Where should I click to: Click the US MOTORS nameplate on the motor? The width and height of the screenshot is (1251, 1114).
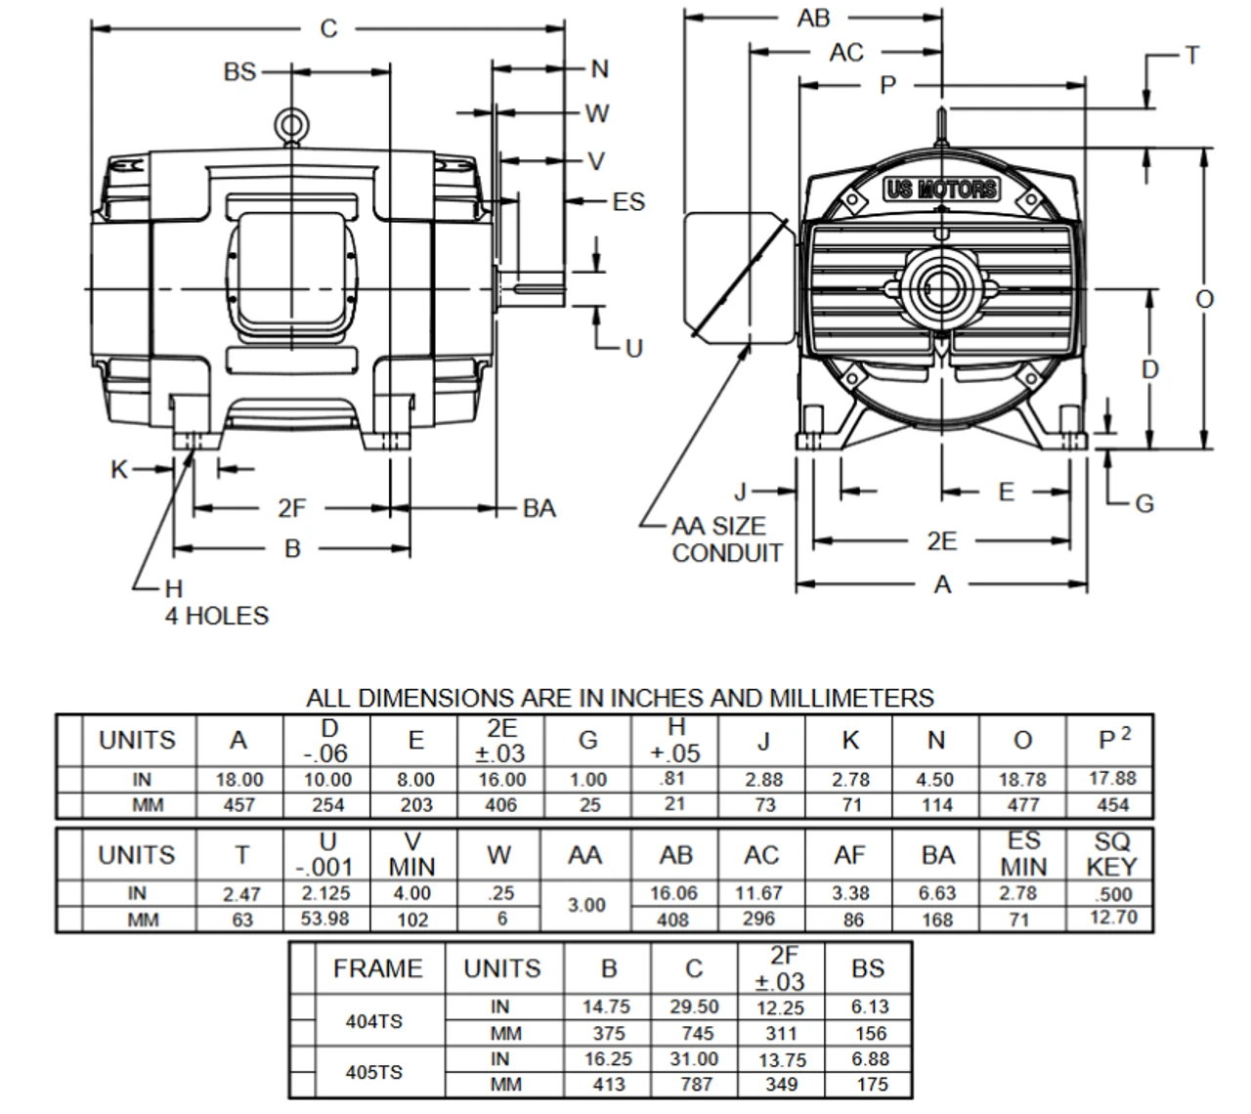(x=941, y=189)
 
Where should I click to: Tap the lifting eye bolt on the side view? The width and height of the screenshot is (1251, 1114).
(x=290, y=124)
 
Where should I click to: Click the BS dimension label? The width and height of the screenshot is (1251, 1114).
(x=239, y=71)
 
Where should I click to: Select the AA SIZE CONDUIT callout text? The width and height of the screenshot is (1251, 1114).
(x=726, y=539)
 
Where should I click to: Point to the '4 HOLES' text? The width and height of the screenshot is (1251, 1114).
(x=216, y=616)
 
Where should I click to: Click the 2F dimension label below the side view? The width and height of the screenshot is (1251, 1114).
(x=291, y=508)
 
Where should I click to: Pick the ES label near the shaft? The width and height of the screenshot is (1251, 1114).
(x=628, y=201)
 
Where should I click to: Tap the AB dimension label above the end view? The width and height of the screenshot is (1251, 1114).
(x=813, y=18)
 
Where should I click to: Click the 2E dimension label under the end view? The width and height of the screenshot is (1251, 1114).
(x=941, y=540)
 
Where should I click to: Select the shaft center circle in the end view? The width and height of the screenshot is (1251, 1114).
(x=941, y=289)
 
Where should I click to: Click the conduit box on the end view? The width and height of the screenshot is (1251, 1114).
(x=735, y=278)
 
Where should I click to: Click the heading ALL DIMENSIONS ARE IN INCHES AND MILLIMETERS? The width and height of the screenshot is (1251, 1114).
(x=620, y=698)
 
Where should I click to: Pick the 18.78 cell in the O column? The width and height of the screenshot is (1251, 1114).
(x=1022, y=780)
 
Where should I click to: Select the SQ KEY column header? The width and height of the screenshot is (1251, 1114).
(x=1111, y=854)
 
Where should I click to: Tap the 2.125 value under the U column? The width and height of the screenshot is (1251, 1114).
(x=327, y=893)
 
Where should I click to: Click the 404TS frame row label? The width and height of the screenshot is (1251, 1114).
(x=373, y=1021)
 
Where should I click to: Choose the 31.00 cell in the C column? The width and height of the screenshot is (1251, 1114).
(x=694, y=1059)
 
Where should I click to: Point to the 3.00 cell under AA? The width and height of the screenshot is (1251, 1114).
(x=586, y=906)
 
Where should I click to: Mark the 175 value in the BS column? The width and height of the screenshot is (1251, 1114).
(x=871, y=1084)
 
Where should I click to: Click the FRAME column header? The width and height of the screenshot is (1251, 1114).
(x=377, y=968)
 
